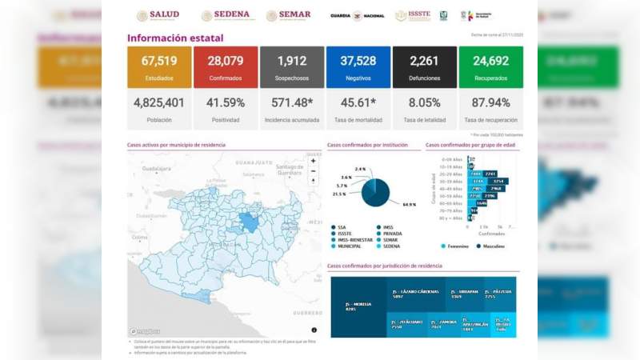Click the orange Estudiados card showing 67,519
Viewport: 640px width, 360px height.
point(159,66)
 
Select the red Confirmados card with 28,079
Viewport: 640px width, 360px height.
point(225,66)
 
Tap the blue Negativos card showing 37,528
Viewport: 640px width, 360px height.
point(358,66)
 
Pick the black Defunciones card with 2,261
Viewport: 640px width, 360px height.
point(425,66)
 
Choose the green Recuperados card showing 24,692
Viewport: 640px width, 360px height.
point(490,66)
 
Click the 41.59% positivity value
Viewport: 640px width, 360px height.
point(225,103)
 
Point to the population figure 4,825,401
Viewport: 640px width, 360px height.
point(159,103)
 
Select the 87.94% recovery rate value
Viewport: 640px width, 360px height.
point(490,103)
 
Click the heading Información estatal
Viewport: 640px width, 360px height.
point(175,38)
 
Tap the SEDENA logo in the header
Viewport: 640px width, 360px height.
point(226,15)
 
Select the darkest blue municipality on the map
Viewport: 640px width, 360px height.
point(249,222)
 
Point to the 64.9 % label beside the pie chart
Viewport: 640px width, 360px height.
point(409,205)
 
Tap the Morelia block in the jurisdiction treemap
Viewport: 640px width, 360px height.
point(358,307)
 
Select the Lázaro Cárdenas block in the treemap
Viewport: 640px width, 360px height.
point(414,294)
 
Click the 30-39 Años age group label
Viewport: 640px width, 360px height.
point(455,182)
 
